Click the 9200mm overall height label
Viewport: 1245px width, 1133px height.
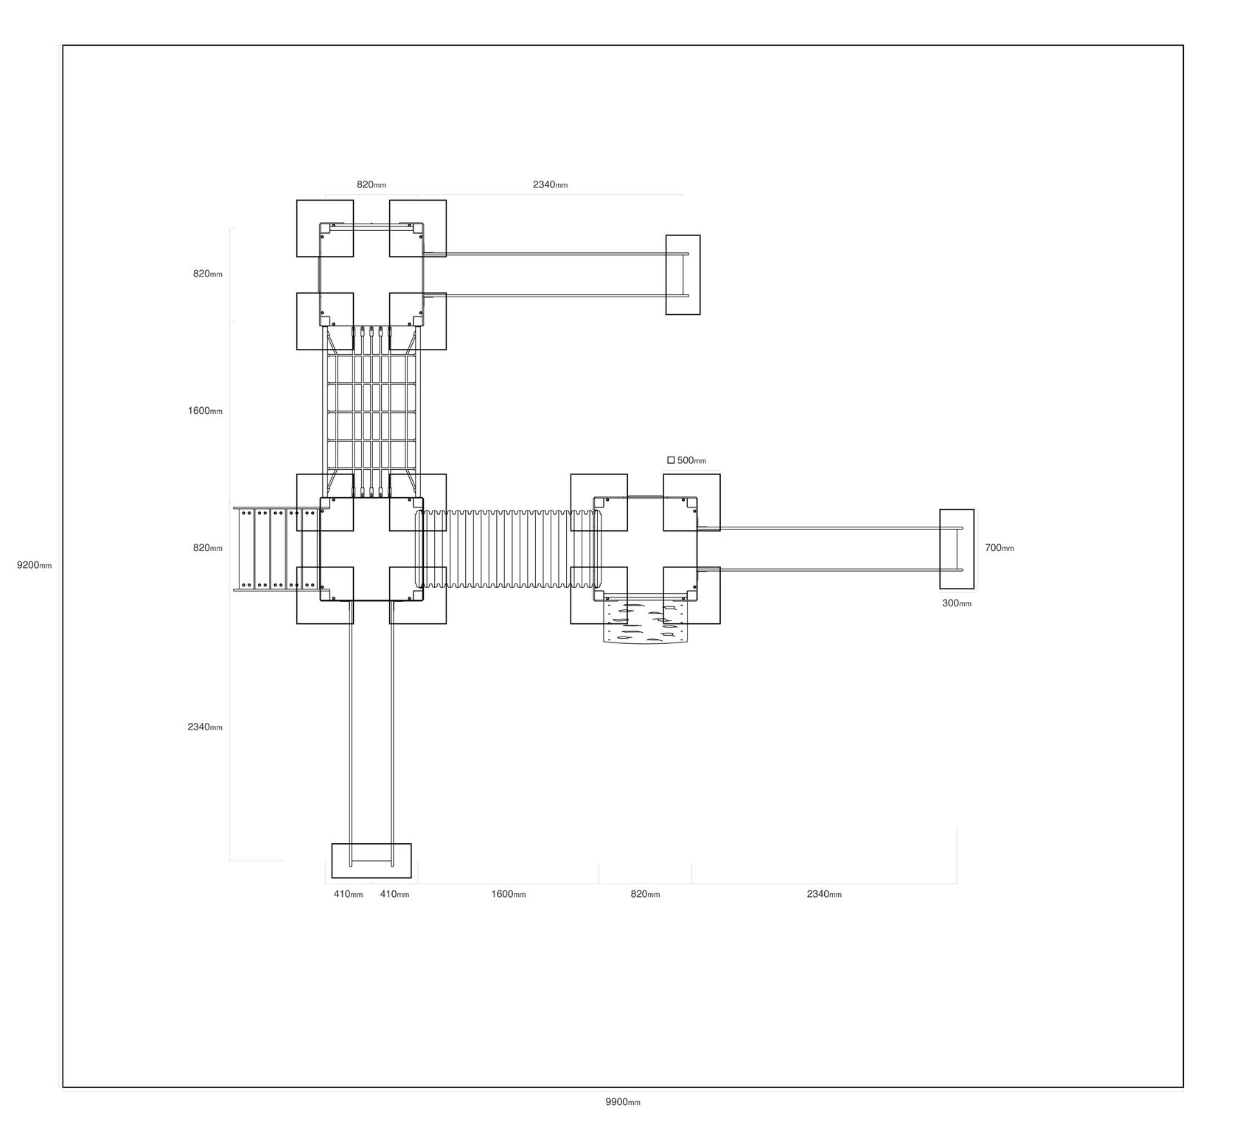click(x=35, y=566)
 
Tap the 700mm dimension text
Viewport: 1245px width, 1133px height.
click(x=1000, y=548)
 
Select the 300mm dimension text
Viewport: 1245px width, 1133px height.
click(x=957, y=603)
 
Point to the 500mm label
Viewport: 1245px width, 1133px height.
click(x=691, y=461)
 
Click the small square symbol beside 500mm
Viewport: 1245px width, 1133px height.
click(x=671, y=460)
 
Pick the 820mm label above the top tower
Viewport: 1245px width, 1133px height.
click(x=372, y=184)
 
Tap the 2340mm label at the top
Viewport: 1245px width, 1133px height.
click(x=551, y=184)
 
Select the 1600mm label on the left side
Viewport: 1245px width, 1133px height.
click(x=205, y=411)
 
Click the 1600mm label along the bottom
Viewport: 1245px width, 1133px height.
click(x=509, y=894)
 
